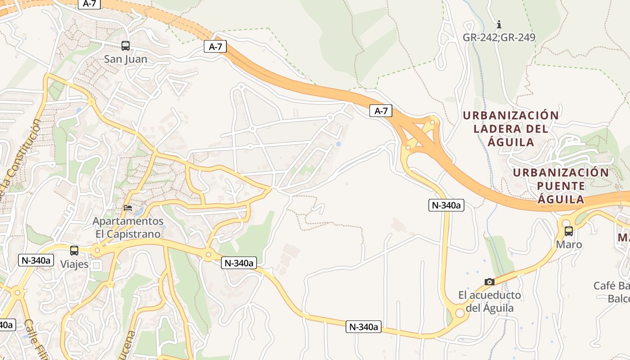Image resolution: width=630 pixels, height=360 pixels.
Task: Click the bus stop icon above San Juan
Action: pos(125,45)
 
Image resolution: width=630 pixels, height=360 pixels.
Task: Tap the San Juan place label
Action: pos(126,59)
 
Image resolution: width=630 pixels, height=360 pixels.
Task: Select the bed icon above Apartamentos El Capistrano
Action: pos(128,207)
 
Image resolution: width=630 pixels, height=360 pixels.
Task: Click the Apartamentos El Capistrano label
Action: pos(128,228)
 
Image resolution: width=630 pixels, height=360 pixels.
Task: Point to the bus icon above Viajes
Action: pos(74,250)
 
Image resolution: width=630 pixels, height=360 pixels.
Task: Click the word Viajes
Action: pos(74,264)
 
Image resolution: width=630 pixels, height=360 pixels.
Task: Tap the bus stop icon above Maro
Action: pos(569,231)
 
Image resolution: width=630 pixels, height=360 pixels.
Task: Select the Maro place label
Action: pos(569,245)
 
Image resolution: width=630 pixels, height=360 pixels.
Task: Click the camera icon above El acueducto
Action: pos(490,282)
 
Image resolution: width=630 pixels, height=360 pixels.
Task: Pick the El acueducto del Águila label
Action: pos(490,301)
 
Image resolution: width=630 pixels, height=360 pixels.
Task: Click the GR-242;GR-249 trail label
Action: pos(499,37)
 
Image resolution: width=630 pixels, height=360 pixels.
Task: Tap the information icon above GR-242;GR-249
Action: pos(499,24)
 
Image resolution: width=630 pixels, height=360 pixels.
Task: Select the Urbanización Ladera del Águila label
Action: pos(511,129)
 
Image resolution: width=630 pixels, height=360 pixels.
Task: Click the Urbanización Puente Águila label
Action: pos(561,186)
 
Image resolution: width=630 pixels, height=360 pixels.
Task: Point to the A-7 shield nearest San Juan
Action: pos(215,46)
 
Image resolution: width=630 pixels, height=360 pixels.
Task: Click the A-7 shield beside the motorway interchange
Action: pos(381,111)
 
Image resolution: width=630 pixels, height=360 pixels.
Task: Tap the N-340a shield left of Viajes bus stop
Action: pos(36,260)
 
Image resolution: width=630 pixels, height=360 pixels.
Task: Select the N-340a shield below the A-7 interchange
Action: pos(446,205)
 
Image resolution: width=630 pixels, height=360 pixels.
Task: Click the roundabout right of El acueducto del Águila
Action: pos(459,313)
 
